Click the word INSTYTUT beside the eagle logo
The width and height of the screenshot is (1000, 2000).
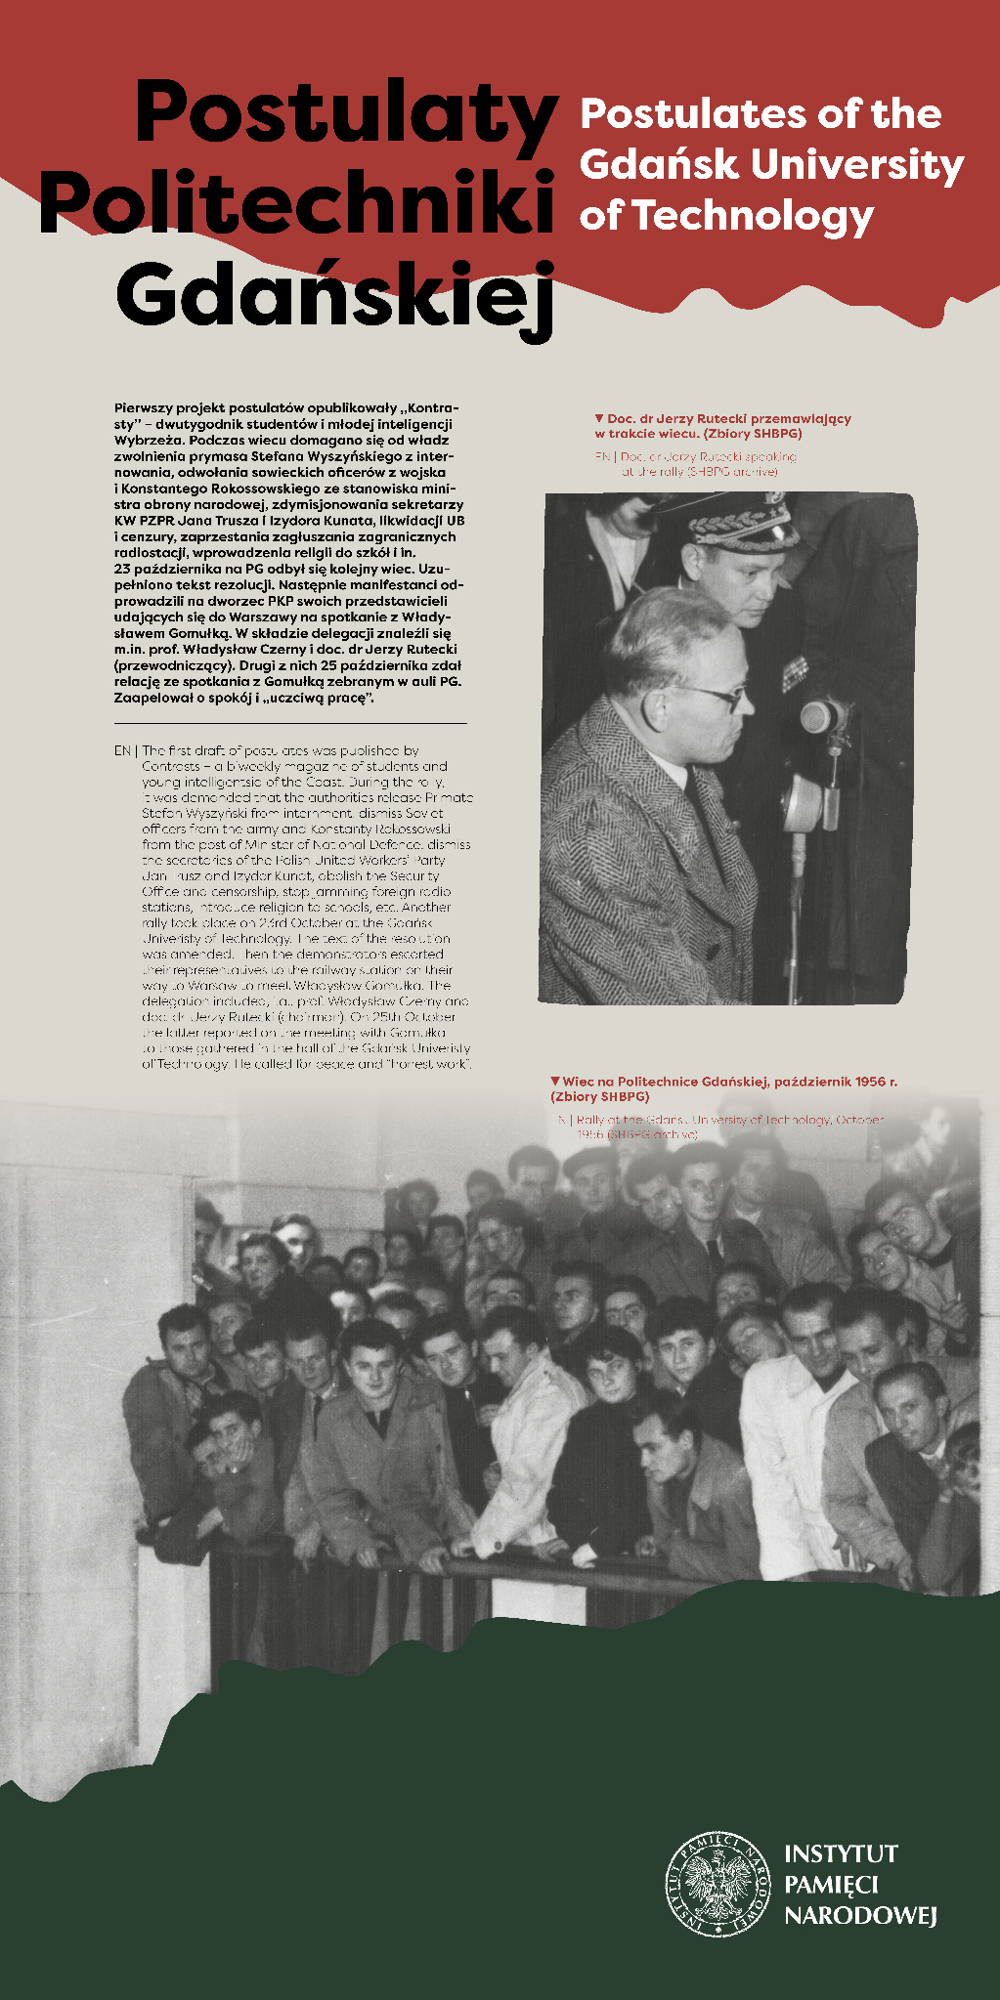click(841, 1852)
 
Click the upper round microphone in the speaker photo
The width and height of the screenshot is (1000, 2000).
click(821, 716)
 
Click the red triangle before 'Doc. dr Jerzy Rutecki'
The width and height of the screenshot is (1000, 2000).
click(599, 418)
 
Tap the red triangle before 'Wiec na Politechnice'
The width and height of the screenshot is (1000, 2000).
click(555, 1082)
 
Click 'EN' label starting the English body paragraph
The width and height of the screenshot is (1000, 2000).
click(122, 750)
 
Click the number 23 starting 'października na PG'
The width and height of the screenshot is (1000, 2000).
click(122, 568)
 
